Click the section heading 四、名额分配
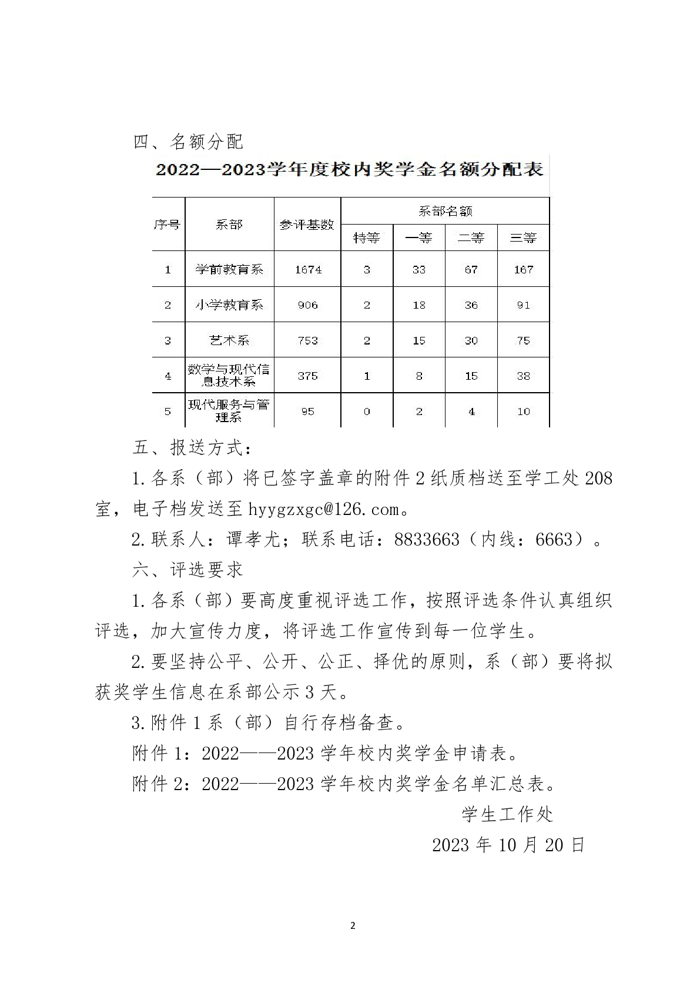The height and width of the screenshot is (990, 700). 188,142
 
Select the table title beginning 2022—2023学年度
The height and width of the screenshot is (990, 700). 349,170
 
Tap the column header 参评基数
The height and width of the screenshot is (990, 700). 307,224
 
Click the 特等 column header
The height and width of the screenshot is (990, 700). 366,238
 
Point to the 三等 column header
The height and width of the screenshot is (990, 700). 523,238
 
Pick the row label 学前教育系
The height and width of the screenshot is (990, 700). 229,269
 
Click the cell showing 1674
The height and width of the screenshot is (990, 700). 308,269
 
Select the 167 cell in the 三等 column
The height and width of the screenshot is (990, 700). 523,269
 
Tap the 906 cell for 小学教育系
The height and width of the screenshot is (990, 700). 307,305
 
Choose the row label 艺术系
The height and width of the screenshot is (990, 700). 229,340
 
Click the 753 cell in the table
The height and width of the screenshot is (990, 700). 307,340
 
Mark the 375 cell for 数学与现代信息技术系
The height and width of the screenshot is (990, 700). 307,376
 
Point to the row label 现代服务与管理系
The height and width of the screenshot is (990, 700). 229,410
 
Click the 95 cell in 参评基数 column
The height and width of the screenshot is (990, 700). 307,412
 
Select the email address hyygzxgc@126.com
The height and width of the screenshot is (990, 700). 324,509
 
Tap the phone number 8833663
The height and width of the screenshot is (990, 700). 427,539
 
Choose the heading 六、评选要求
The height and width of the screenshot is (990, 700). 188,570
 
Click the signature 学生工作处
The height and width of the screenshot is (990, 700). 507,814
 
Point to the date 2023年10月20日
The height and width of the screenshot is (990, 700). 508,845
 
